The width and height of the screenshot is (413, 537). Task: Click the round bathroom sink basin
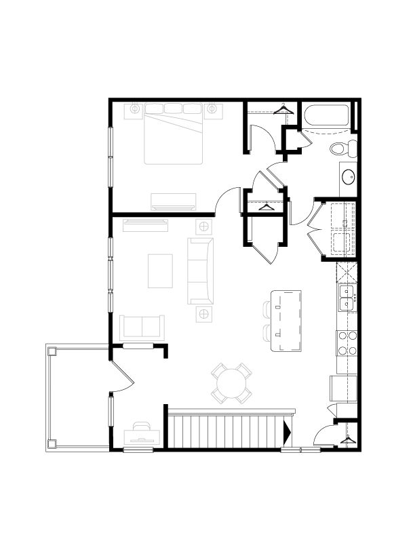[348, 177]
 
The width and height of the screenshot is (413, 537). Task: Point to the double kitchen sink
[347, 298]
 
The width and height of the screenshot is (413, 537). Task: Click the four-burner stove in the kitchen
[347, 343]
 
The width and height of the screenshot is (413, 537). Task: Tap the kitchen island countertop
[286, 320]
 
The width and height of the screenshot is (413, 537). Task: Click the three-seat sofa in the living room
[199, 271]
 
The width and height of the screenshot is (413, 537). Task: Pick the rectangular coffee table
[160, 271]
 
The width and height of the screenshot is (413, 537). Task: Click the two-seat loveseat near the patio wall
[142, 327]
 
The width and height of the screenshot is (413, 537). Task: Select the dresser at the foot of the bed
[173, 201]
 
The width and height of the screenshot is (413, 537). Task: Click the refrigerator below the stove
[338, 388]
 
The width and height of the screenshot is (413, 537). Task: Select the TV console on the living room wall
[145, 224]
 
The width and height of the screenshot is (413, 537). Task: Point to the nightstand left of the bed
[134, 108]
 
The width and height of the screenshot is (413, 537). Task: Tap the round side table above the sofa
[203, 225]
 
